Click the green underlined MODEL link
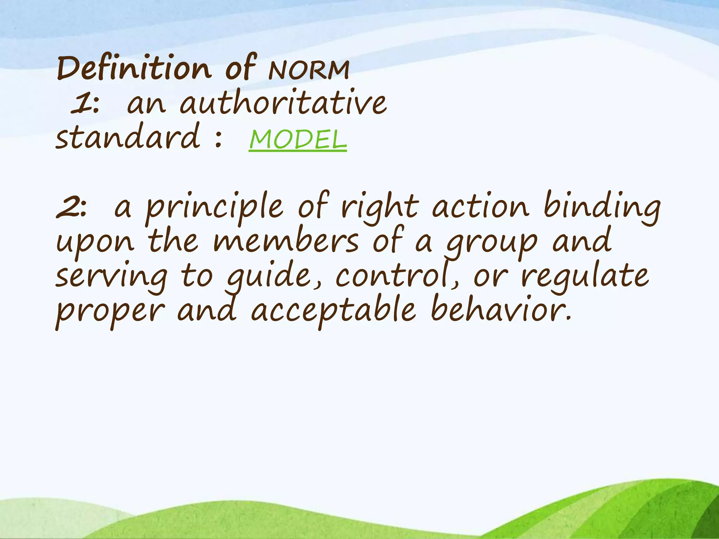298,140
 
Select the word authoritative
283,103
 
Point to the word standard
128,137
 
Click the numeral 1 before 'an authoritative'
80,104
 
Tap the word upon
95,242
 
